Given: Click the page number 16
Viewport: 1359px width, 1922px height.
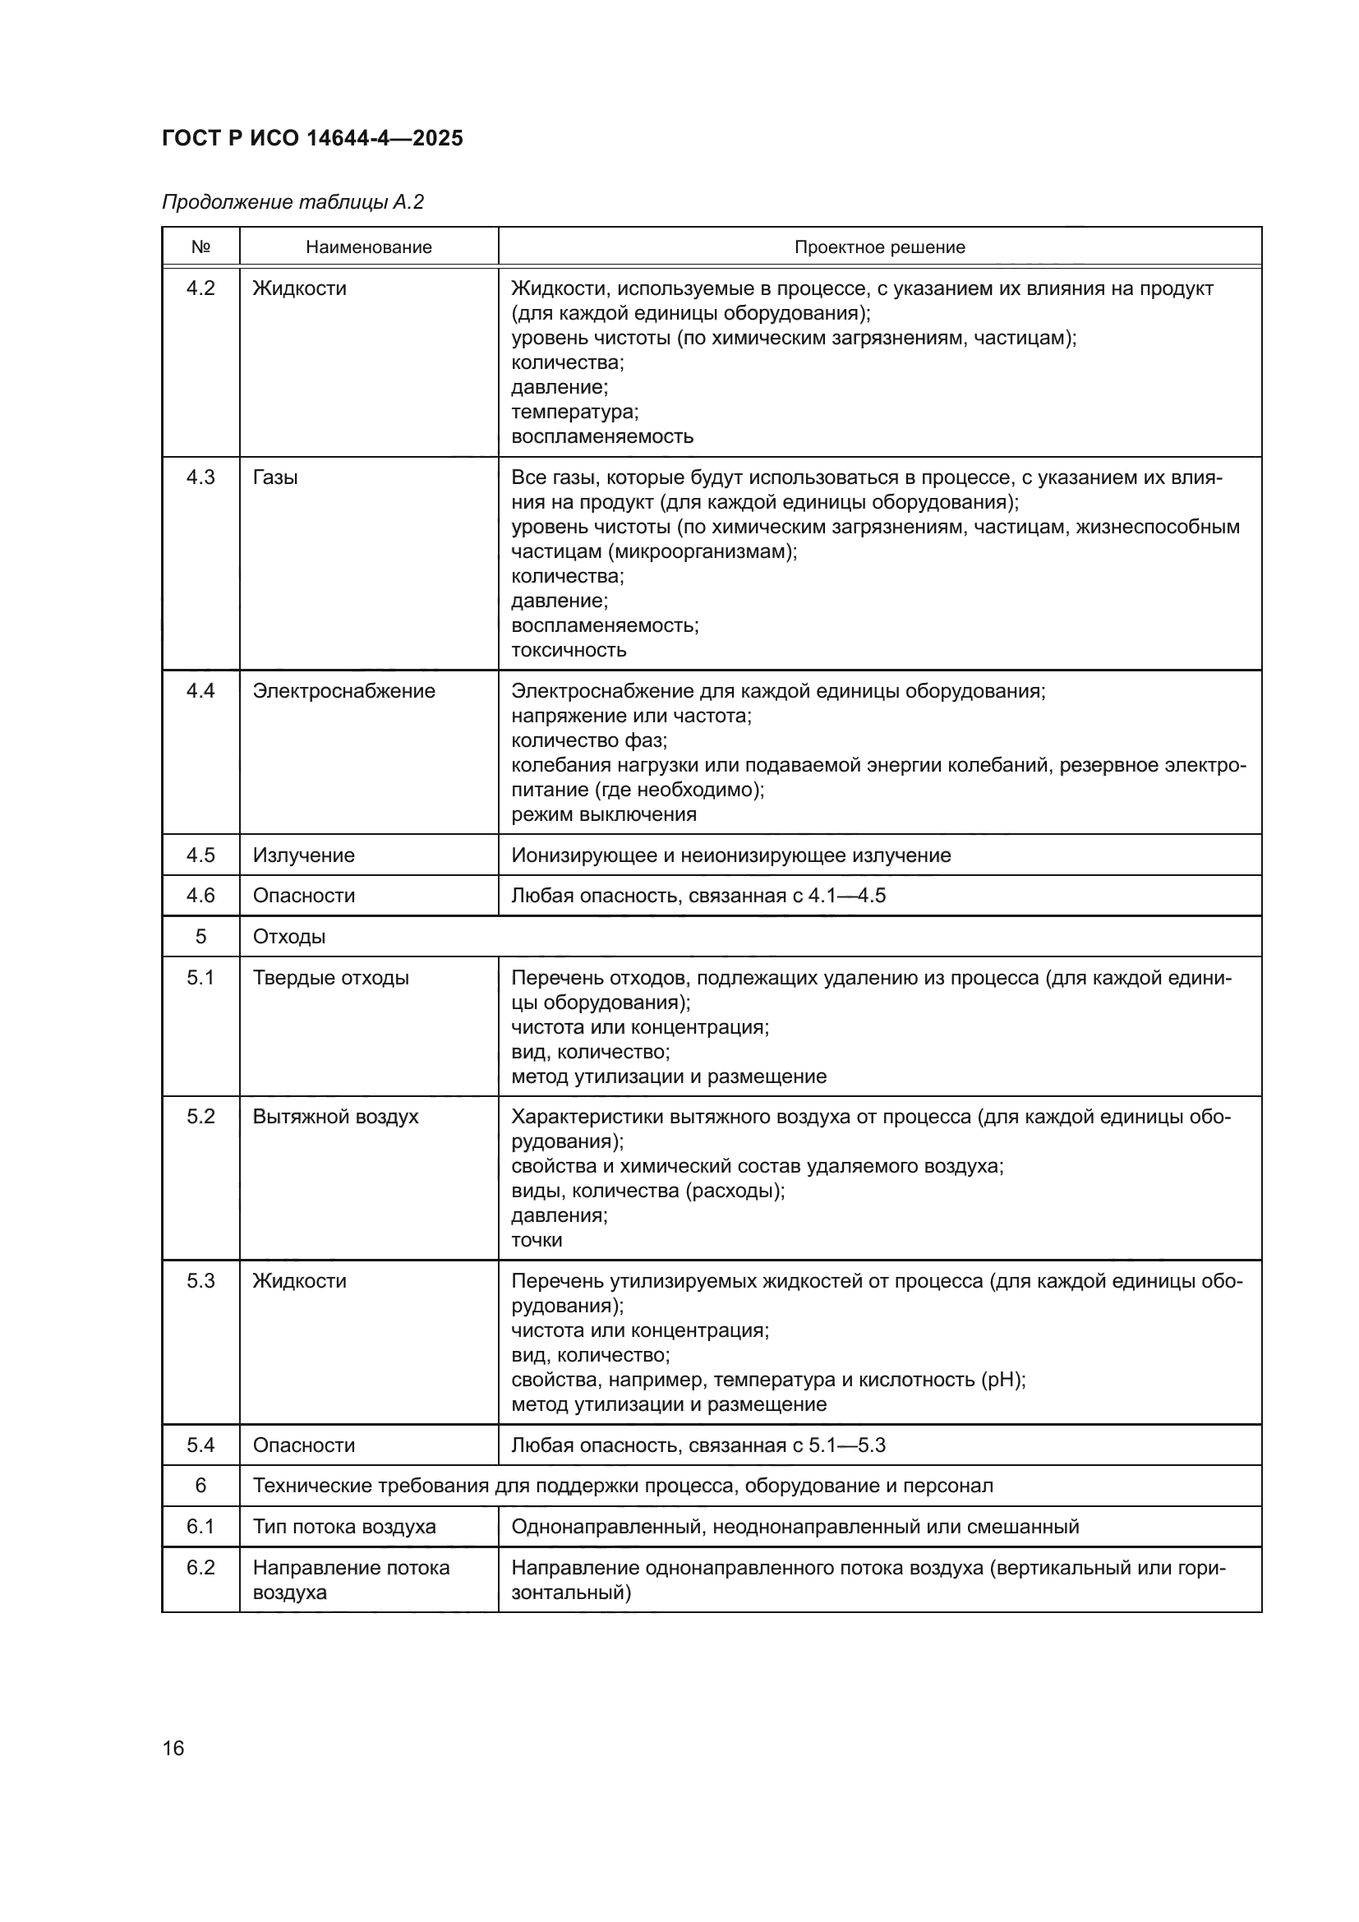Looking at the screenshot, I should click(x=173, y=1748).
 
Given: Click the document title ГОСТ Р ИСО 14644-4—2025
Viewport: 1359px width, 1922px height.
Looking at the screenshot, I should click(x=312, y=138).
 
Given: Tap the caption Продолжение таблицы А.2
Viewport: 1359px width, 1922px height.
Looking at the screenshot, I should click(x=293, y=202).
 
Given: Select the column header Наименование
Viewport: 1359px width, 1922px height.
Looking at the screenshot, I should click(x=368, y=247).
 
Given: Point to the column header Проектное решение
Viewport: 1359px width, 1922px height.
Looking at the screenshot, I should click(x=879, y=247).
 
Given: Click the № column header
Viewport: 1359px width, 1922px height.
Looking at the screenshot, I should click(x=200, y=247).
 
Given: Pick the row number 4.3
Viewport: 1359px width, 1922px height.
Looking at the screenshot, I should click(x=200, y=477).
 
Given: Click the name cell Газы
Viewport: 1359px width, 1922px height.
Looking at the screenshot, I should click(x=275, y=477).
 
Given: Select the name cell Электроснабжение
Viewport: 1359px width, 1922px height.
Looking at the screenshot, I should click(x=344, y=690).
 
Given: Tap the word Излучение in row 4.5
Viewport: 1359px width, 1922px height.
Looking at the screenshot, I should click(x=304, y=855).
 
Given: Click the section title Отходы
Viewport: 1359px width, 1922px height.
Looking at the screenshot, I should click(x=288, y=936).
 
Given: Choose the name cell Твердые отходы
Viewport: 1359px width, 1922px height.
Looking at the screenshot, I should click(x=330, y=977).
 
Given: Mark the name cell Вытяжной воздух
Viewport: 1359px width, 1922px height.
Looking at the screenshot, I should click(x=335, y=1116).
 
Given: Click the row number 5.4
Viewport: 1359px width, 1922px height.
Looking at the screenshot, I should click(x=200, y=1444).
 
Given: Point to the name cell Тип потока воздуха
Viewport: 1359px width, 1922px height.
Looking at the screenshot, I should click(x=344, y=1526).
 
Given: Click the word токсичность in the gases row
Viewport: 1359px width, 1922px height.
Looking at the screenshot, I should click(x=569, y=650).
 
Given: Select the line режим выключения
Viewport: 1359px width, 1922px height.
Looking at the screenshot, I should click(x=603, y=814).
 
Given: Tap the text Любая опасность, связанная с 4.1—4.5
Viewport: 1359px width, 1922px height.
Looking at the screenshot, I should click(x=698, y=895).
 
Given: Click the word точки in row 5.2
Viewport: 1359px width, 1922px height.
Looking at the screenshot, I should click(x=537, y=1239).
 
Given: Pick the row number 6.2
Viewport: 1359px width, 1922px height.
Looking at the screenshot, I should click(x=200, y=1567).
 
